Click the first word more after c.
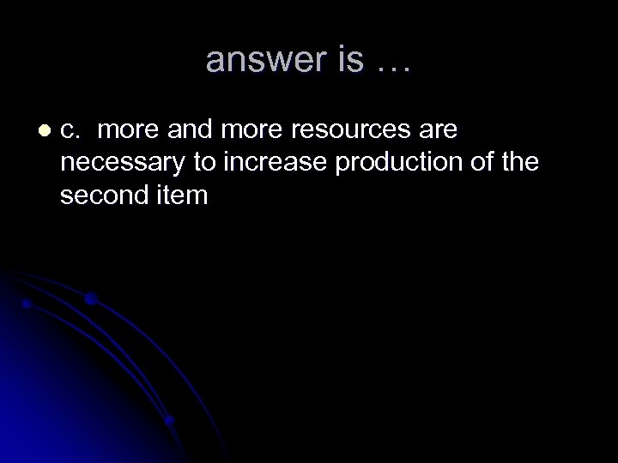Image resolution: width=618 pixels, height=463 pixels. [x=129, y=130]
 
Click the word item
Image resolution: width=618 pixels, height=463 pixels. [x=181, y=195]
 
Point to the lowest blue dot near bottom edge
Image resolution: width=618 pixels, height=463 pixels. [x=170, y=420]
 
